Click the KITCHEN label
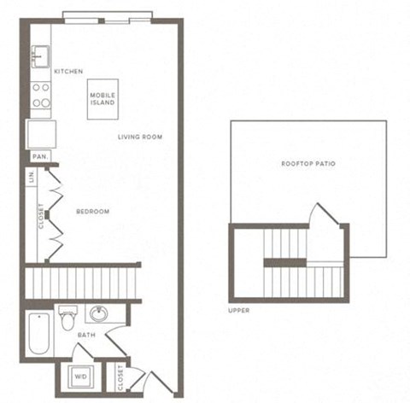click(x=68, y=72)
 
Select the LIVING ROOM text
click(x=141, y=137)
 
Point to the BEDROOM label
click(x=92, y=212)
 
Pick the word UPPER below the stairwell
click(x=239, y=310)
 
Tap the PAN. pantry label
click(x=38, y=157)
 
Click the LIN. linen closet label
click(x=32, y=178)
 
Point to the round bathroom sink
click(x=99, y=314)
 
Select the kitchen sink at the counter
click(x=39, y=58)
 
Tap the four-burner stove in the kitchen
click(x=40, y=95)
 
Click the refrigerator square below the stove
click(x=41, y=134)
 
